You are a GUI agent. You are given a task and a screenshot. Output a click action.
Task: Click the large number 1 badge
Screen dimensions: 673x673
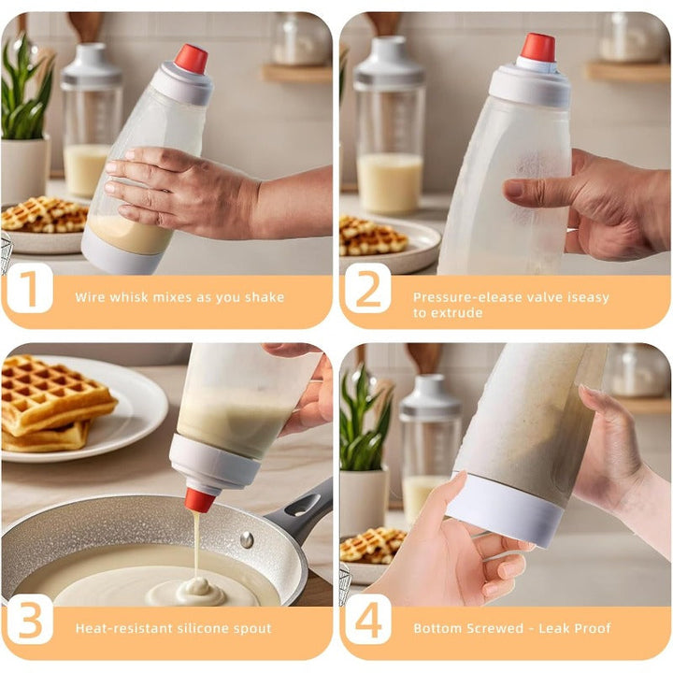point(30,288)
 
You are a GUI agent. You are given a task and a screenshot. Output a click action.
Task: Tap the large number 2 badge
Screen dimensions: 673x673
point(368,288)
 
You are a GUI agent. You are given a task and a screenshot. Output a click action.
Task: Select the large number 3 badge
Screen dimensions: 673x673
point(30,619)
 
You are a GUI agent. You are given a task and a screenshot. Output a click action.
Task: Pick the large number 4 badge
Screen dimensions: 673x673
point(368,619)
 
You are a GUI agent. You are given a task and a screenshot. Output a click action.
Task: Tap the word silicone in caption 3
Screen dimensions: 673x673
point(204,628)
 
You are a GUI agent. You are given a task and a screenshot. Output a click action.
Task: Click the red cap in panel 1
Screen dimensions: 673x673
point(191,58)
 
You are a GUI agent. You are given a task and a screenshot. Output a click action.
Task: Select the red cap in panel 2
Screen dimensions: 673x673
point(538,48)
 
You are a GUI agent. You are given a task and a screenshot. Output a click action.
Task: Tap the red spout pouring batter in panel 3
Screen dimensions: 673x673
point(200,500)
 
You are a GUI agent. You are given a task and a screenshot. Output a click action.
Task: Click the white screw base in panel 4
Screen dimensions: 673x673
point(505,510)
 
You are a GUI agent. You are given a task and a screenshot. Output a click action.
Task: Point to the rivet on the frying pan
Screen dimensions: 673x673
point(247,539)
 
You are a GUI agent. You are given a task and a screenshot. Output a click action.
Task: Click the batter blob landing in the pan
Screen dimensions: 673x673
point(198,589)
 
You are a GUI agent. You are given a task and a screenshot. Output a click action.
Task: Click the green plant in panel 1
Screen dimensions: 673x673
point(26,90)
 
